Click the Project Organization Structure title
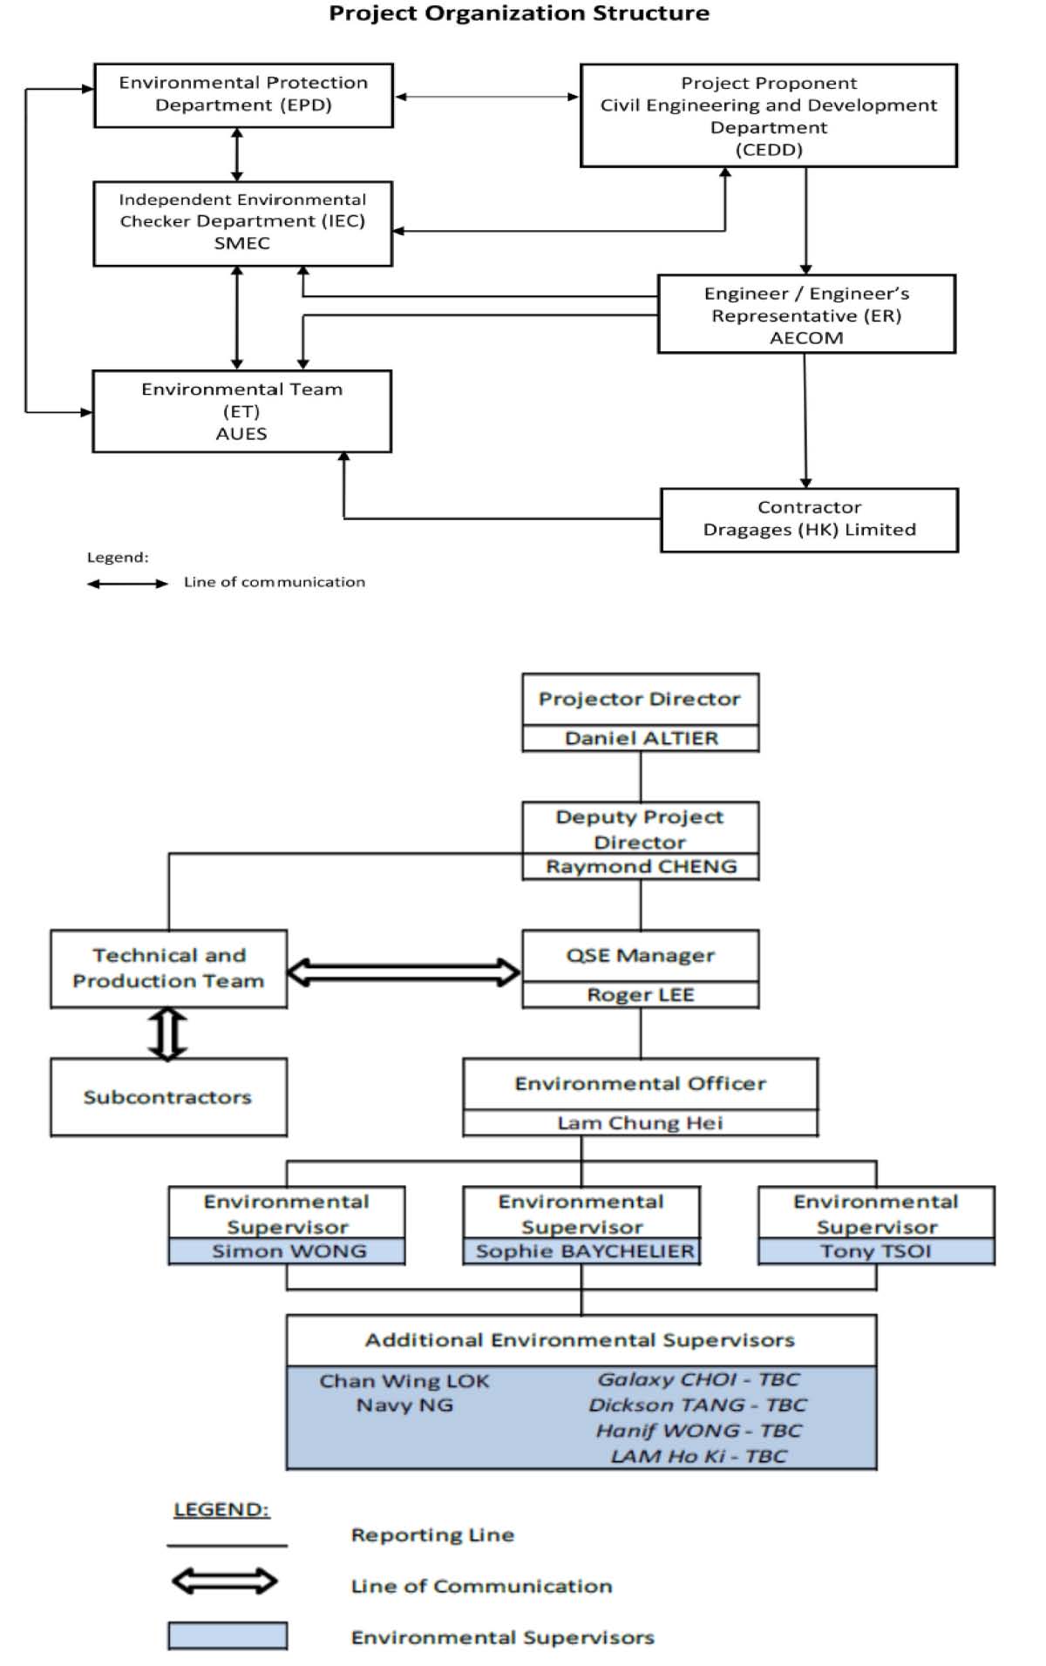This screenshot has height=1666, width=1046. point(519,13)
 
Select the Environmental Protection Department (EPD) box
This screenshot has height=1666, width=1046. point(243,95)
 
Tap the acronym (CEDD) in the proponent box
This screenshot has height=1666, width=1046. point(769,150)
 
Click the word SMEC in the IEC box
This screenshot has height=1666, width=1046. point(242,243)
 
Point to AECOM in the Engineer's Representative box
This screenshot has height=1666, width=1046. point(806,338)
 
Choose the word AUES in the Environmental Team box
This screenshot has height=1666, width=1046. point(241,434)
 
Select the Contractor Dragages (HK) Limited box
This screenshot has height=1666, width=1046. point(809,519)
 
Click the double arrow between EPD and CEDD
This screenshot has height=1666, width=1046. point(487,97)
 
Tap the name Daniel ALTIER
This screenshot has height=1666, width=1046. point(642,738)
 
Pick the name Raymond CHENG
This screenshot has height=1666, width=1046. point(642,866)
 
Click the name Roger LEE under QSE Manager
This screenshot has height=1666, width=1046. point(641,994)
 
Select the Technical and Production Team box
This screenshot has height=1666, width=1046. point(168,968)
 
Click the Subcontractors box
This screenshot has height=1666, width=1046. point(168,1097)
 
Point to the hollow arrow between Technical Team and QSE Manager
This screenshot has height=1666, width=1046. point(404,972)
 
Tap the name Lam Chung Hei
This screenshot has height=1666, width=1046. point(641,1122)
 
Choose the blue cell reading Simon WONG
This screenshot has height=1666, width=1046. point(287,1251)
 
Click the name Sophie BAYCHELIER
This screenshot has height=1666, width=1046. point(585,1251)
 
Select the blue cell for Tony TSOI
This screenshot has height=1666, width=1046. point(876,1251)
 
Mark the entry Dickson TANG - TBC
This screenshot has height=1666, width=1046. point(697,1405)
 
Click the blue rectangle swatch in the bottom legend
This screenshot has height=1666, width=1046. point(228,1635)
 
